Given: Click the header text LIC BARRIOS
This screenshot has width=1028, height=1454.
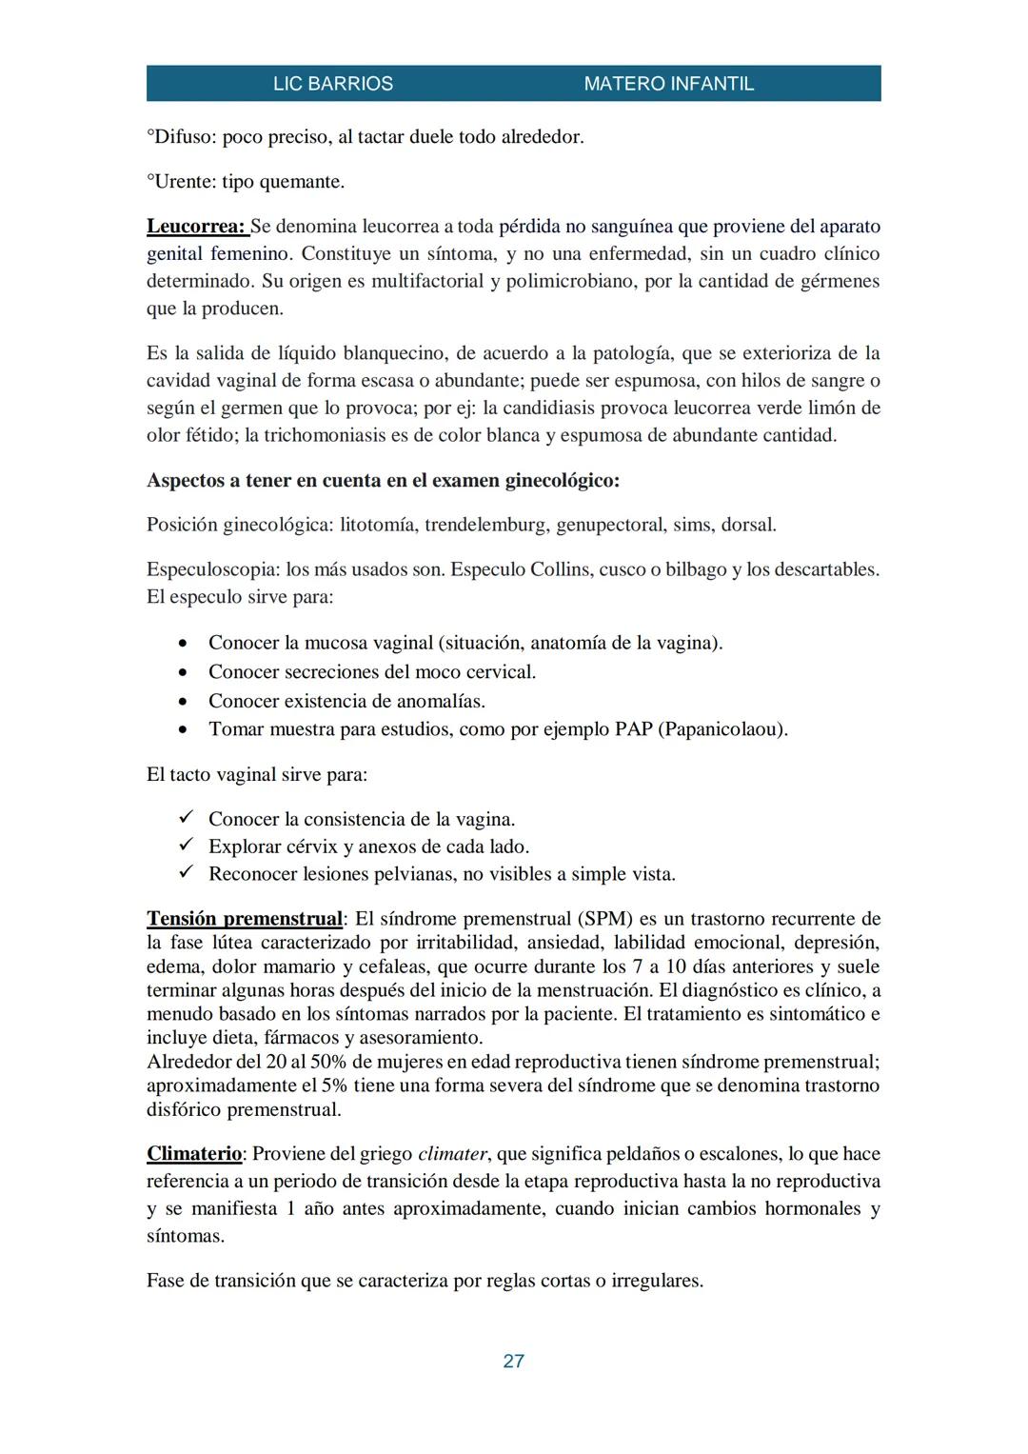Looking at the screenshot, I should (332, 84).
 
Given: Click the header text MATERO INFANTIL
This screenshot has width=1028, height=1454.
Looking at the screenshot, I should (668, 84).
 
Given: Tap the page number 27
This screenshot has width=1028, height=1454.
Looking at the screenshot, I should (513, 1361).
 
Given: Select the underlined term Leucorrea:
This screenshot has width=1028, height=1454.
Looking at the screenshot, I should (196, 227).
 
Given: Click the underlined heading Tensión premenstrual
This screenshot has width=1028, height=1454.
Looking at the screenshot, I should (244, 919).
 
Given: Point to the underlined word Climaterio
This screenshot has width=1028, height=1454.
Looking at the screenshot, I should (194, 1154).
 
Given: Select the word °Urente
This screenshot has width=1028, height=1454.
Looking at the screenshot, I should (181, 182).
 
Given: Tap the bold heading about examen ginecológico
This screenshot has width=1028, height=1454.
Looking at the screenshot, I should (383, 481).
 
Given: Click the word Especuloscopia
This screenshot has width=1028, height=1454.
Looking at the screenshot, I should (212, 570).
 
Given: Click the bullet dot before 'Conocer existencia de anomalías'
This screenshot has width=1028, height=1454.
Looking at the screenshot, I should (184, 702).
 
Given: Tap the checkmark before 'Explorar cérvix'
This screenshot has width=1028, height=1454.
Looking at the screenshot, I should (187, 846).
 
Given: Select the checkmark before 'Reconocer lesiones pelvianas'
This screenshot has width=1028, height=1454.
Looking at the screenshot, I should (187, 873).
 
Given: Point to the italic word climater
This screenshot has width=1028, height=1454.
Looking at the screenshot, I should (452, 1155).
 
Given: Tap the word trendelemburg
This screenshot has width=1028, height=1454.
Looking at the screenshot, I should (485, 526).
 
